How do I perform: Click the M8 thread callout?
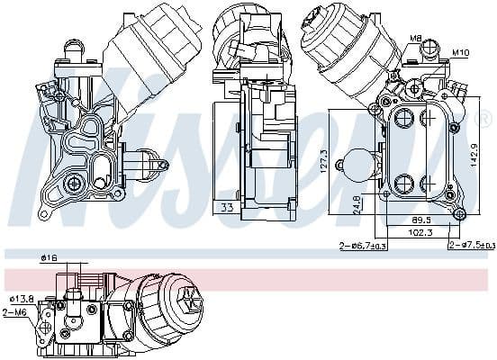point(415,38)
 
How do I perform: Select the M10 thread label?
point(461,52)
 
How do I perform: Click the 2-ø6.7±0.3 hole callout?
point(362,246)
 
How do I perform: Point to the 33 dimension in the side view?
point(228,208)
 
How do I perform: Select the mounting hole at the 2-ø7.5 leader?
point(459,213)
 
